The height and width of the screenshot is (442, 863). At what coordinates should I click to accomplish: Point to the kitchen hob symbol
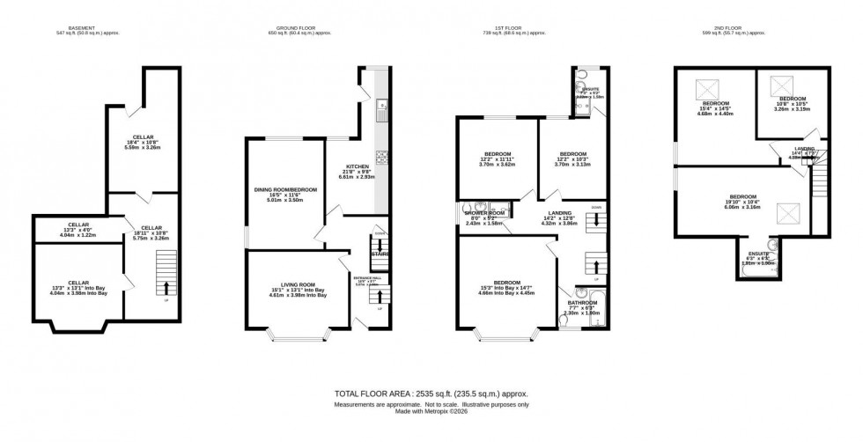[x=383, y=158]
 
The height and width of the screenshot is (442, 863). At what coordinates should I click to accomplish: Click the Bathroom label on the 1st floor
[x=581, y=307]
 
